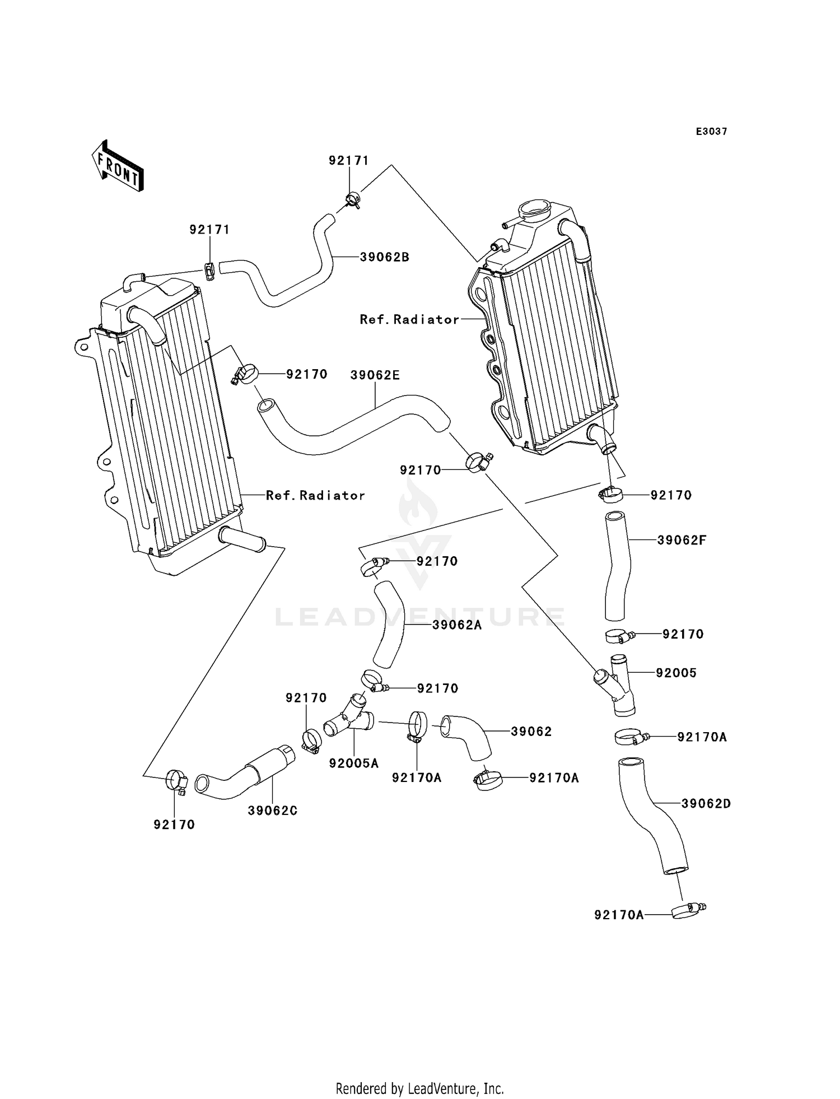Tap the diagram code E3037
coord(711,132)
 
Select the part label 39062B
coord(384,257)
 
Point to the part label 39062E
coord(375,375)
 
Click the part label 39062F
coord(682,540)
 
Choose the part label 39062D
coord(706,803)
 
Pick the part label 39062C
coord(273,811)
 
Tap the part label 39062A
coord(457,625)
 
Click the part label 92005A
coord(354,763)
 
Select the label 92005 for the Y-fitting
coord(676,673)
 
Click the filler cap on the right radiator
coord(535,211)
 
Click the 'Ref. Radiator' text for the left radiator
coord(315,495)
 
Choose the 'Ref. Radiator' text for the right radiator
coord(409,319)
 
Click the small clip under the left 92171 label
coord(209,272)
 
